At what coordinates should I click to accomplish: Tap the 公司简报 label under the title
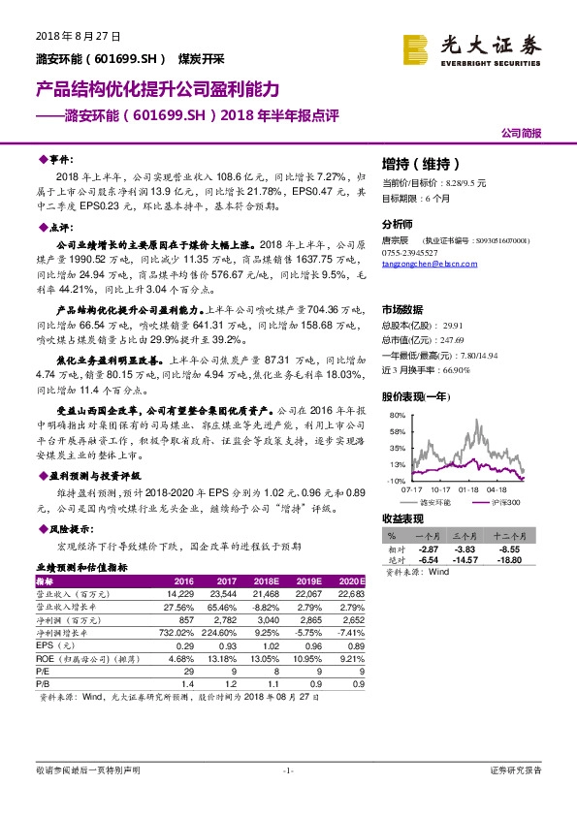click(521, 132)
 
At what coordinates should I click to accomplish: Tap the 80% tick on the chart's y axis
click(397, 415)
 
